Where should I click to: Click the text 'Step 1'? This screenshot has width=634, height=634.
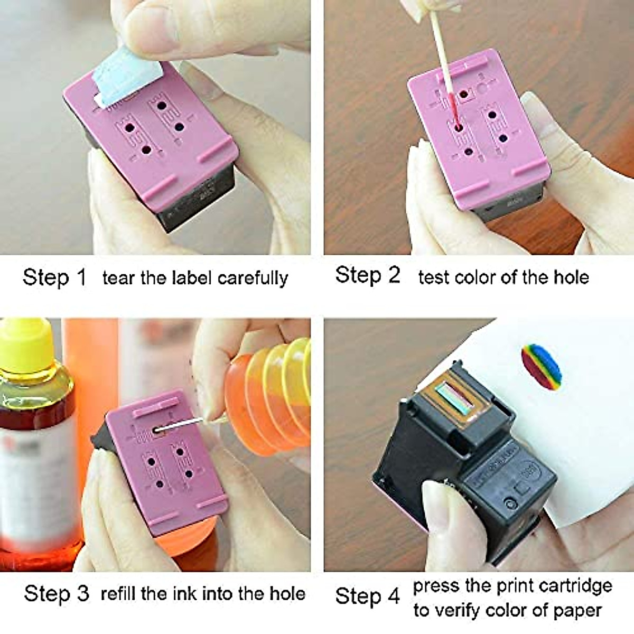tap(54, 277)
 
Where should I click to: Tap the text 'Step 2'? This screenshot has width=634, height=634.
tap(368, 275)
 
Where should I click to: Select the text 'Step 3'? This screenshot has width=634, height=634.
tap(57, 593)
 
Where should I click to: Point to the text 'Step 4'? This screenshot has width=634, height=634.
tap(368, 596)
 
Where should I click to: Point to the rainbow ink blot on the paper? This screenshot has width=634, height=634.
tap(541, 365)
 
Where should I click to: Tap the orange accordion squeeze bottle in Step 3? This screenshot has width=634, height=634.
tap(264, 391)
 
